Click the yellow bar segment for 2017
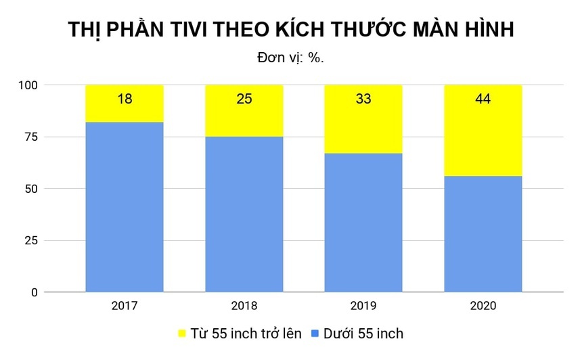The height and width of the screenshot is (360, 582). (125, 112)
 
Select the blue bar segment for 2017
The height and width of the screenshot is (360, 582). (125, 207)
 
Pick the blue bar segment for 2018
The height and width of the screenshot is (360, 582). (244, 214)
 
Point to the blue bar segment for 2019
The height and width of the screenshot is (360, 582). (363, 223)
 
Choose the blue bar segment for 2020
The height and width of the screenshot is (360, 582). (483, 233)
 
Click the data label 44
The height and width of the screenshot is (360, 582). (483, 99)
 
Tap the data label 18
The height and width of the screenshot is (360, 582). (125, 99)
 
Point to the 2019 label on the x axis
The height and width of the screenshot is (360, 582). (363, 306)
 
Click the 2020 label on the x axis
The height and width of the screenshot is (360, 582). (483, 306)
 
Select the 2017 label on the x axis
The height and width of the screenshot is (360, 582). (125, 306)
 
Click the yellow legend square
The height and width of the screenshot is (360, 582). (182, 334)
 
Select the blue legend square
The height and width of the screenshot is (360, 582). (315, 334)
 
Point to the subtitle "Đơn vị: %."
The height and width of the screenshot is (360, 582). (291, 58)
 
